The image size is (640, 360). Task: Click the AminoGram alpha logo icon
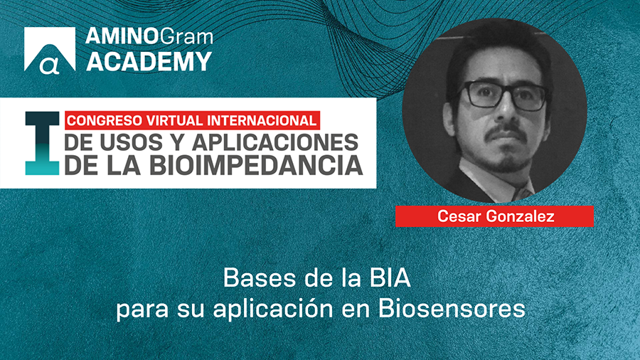click(49, 51)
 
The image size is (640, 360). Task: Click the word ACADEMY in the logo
click(149, 61)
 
